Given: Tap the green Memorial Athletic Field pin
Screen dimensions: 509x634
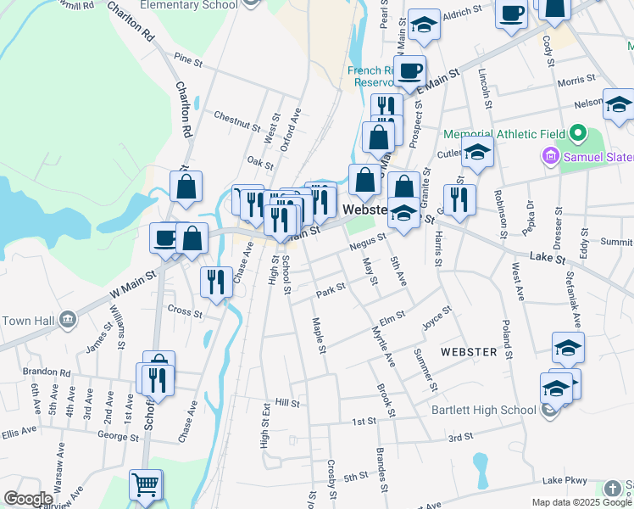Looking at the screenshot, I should click(x=578, y=134).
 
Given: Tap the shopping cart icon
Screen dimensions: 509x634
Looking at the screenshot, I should click(x=145, y=485).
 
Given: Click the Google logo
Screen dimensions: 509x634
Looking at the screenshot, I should click(x=28, y=499).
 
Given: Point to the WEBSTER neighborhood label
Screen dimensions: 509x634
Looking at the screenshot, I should click(x=468, y=351).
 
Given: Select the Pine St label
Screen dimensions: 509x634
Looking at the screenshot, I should click(x=188, y=59).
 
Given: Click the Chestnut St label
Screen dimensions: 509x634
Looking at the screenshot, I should click(x=236, y=120).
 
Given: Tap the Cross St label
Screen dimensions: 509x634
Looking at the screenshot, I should click(x=185, y=311).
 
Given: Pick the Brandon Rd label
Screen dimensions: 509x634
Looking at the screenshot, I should click(x=47, y=372).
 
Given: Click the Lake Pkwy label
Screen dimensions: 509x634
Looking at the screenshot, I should click(x=566, y=480).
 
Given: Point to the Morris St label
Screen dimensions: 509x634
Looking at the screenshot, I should click(x=576, y=81).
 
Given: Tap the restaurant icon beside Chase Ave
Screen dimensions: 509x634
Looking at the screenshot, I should click(x=216, y=281).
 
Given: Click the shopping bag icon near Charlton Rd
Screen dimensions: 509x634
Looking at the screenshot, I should click(x=186, y=187).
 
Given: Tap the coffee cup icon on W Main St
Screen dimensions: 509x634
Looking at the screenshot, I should click(x=164, y=238).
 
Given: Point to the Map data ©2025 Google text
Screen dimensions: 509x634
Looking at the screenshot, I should click(x=581, y=502).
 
